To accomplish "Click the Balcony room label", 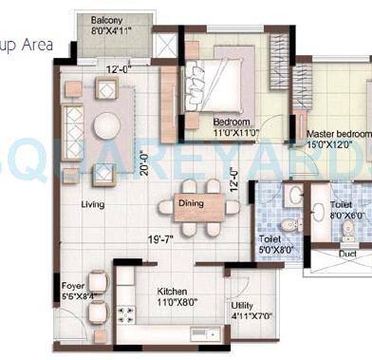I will click(105, 20).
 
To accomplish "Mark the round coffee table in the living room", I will click(106, 124).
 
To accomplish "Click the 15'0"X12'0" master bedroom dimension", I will click(334, 145).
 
